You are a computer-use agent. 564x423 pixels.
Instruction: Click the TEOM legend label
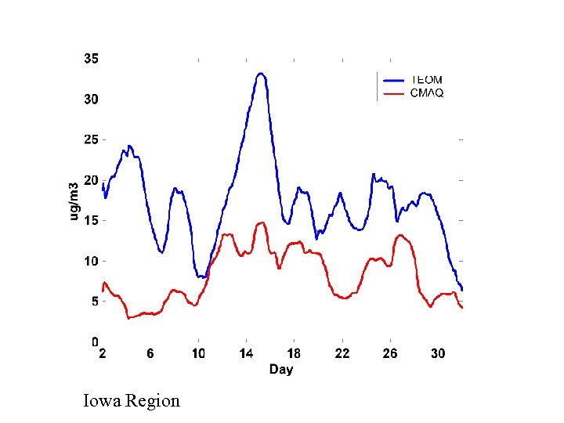pos(426,80)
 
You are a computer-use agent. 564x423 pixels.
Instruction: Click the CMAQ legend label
pos(426,93)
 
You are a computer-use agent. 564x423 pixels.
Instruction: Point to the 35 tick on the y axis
pos(91,59)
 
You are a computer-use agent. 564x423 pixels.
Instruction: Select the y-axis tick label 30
pos(91,99)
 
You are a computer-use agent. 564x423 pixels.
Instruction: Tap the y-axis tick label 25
pos(91,139)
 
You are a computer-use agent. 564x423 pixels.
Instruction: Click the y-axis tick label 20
pos(91,180)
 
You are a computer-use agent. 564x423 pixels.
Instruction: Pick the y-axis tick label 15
pos(91,221)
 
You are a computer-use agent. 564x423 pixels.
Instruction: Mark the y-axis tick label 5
pos(94,302)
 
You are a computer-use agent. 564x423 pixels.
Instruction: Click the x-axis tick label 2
pos(103,354)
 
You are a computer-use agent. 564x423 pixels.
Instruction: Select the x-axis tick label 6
pos(150,354)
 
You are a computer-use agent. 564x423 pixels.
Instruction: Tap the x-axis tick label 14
pos(246,354)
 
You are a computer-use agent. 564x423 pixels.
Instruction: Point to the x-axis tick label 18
pos(294,354)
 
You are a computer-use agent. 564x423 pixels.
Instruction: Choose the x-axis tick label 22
pos(342,354)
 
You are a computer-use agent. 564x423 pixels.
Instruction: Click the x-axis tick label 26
pos(389,354)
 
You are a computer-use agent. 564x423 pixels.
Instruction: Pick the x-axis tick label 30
pos(438,354)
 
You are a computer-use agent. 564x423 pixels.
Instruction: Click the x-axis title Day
pos(281,369)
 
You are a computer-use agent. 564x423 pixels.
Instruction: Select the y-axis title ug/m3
pos(74,201)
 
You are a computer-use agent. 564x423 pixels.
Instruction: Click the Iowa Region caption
pos(132,401)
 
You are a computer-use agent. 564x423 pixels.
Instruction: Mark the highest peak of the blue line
pos(261,74)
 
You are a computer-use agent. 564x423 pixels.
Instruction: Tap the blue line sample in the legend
pos(393,80)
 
